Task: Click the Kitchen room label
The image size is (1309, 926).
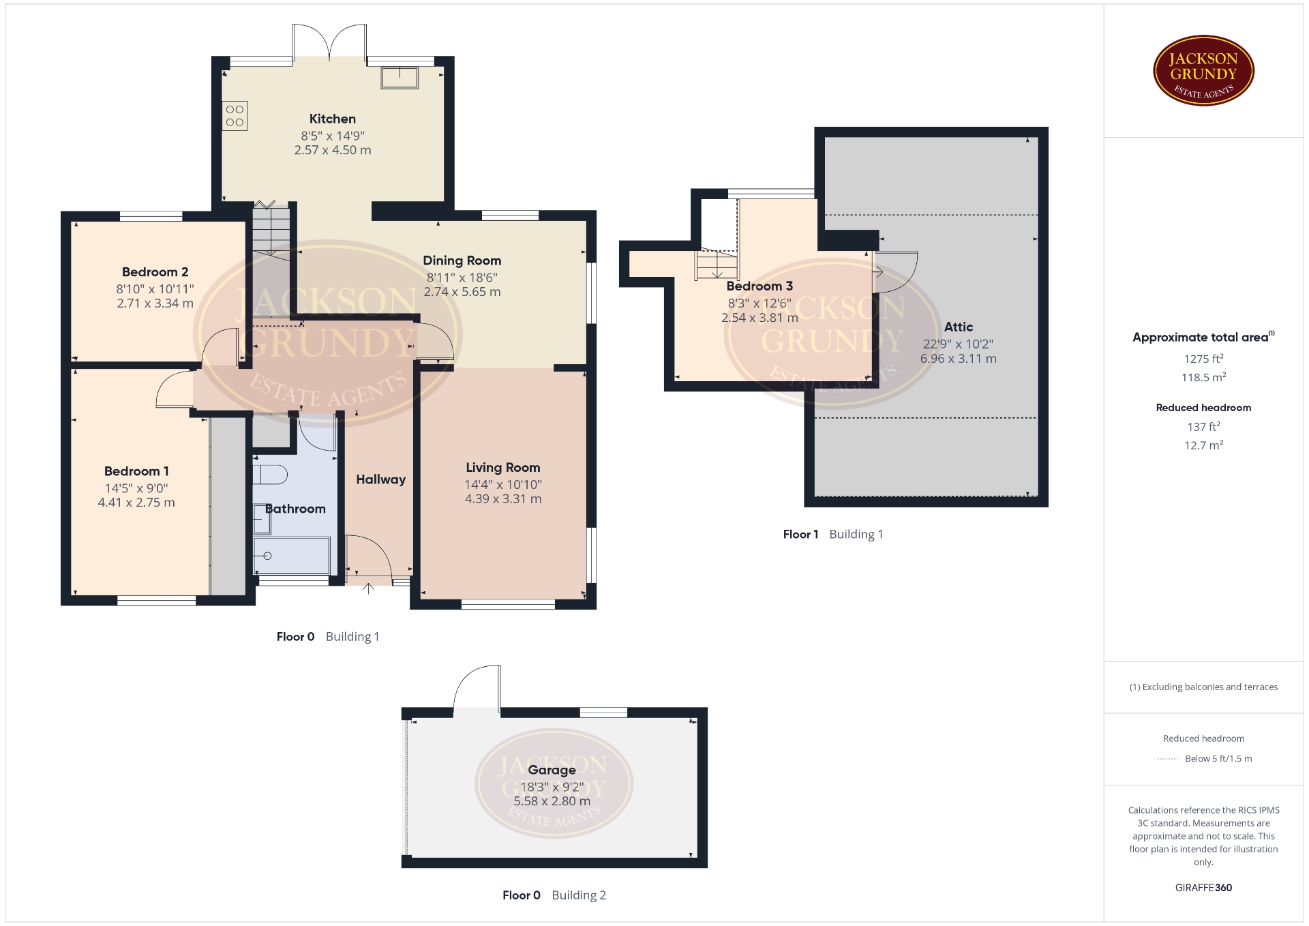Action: [333, 119]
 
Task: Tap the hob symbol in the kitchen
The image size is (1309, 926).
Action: [235, 116]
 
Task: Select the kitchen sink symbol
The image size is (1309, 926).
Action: [400, 78]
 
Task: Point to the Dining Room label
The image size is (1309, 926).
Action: [462, 260]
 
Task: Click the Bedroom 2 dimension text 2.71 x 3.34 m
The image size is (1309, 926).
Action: [155, 303]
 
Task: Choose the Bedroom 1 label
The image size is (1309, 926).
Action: [136, 471]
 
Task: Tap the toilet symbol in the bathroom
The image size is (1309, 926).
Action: [271, 475]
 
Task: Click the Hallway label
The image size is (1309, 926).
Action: [380, 479]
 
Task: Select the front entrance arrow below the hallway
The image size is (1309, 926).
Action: [368, 588]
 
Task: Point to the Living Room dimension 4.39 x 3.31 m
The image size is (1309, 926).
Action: [503, 499]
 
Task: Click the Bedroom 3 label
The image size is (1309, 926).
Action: [759, 286]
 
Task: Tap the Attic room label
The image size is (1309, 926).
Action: [959, 327]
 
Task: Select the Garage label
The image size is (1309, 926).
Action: [552, 771]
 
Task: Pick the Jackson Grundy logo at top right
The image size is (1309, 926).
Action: [1204, 71]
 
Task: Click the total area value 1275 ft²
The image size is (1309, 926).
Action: [1203, 359]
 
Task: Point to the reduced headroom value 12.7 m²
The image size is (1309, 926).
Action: [1203, 445]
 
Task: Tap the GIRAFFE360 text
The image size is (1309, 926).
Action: [1203, 888]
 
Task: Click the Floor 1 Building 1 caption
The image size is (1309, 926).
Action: [832, 535]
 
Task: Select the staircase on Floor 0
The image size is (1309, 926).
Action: [271, 232]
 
